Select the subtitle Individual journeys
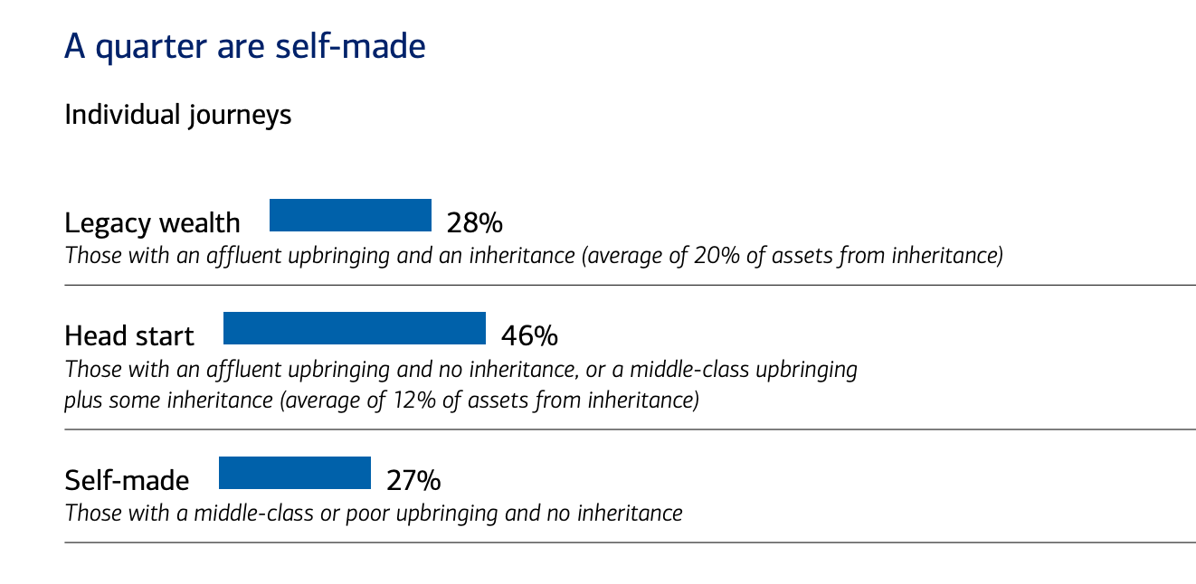coord(177,116)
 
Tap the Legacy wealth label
coord(152,222)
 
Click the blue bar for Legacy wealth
coord(350,215)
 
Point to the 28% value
coord(474,222)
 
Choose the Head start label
coord(128,336)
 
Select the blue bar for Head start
coord(354,328)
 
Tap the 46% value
coord(529,336)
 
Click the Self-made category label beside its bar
coord(127,480)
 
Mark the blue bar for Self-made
coord(294,473)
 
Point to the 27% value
coord(413,480)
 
